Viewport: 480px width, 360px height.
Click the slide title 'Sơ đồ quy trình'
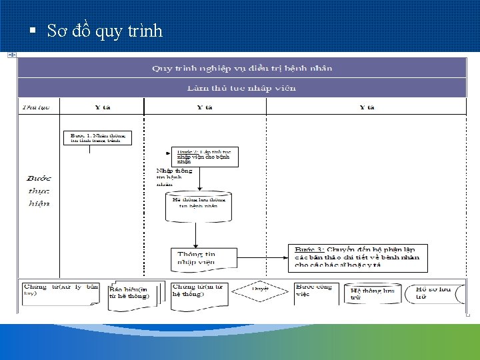point(105,31)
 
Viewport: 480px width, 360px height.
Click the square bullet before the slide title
point(31,31)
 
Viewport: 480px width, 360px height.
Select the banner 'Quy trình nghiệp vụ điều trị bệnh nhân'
point(241,68)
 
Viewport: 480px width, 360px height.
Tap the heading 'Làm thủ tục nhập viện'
point(241,88)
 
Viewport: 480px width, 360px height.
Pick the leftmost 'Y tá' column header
point(102,107)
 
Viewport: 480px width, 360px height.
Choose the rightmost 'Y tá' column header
point(366,107)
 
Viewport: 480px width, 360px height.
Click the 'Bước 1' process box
point(97,138)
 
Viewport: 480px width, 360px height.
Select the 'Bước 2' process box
point(204,157)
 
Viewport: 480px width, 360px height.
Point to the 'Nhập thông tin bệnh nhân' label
point(174,177)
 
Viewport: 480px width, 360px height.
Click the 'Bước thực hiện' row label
point(39,191)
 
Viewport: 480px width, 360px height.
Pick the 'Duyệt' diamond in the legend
point(259,289)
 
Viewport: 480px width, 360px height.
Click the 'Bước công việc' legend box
point(316,291)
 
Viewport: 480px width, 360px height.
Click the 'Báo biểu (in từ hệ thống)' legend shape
point(132,292)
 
